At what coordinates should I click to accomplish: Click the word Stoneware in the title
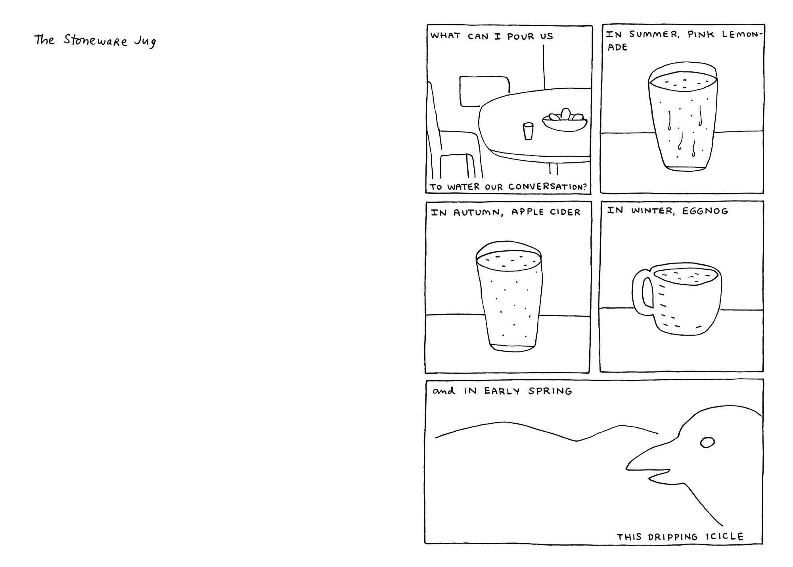pyautogui.click(x=96, y=41)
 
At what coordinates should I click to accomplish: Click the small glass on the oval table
pyautogui.click(x=528, y=131)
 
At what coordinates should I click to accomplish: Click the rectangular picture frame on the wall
pyautogui.click(x=484, y=91)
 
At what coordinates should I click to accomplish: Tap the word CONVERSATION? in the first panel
pyautogui.click(x=547, y=186)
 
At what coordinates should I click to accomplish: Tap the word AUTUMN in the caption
pyautogui.click(x=478, y=213)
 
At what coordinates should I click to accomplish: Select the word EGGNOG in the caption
pyautogui.click(x=705, y=211)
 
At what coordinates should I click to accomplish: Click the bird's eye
pyautogui.click(x=707, y=442)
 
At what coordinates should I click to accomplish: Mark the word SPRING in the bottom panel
pyautogui.click(x=550, y=392)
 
